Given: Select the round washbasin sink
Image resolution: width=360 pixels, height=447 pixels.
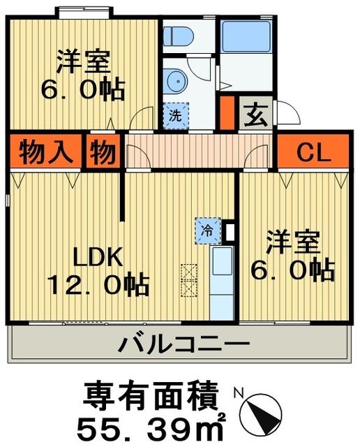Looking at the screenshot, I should pos(175,80).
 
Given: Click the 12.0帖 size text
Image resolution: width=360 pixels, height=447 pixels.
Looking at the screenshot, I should pos(97,286).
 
